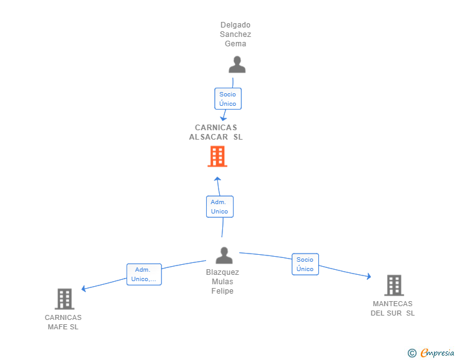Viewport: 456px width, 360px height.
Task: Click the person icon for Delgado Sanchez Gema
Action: click(237, 64)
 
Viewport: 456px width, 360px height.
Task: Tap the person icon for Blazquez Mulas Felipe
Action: click(224, 255)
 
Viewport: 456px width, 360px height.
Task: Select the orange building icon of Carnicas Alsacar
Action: click(217, 157)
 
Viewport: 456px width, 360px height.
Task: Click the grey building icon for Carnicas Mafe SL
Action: click(65, 299)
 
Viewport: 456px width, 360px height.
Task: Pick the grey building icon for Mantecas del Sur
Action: click(394, 285)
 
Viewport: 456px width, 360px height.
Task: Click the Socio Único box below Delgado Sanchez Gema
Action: click(228, 98)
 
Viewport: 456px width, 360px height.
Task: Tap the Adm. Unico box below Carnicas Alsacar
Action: click(220, 207)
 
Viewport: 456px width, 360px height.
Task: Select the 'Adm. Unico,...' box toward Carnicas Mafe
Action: click(144, 274)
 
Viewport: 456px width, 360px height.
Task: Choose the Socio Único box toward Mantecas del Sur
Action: click(306, 264)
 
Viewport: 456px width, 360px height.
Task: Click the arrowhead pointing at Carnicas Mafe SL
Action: click(83, 289)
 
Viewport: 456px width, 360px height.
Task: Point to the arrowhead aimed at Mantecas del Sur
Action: click(369, 276)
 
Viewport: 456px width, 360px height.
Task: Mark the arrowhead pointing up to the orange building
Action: click(217, 179)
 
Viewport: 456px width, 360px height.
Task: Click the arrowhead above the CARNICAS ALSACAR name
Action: click(223, 118)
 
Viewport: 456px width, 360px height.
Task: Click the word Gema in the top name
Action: click(236, 44)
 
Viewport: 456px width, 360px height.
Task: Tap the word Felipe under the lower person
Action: click(222, 291)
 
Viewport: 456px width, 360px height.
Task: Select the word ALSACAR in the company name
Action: click(209, 136)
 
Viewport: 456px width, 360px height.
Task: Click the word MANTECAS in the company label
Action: click(393, 304)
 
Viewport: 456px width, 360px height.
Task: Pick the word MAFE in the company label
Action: click(58, 327)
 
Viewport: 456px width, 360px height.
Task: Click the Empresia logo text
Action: click(437, 352)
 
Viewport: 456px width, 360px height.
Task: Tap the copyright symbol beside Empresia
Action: click(412, 353)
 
